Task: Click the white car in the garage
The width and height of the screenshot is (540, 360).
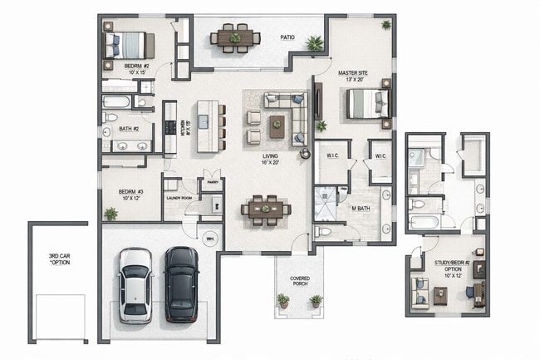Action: (x=135, y=284)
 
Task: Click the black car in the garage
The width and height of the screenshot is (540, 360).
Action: (x=180, y=284)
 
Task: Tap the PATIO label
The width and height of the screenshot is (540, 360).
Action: (x=288, y=37)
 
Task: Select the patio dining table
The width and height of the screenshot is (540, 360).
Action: (x=235, y=37)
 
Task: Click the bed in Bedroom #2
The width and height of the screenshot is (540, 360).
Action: (x=128, y=44)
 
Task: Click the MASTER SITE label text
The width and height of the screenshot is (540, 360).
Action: (x=353, y=73)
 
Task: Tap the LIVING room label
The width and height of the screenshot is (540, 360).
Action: (x=270, y=156)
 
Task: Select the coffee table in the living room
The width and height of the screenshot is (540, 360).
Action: (x=277, y=126)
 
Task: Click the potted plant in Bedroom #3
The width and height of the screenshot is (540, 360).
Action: (x=110, y=214)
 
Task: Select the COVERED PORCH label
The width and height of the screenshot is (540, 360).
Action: (x=300, y=281)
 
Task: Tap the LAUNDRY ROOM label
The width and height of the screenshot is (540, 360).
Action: (x=179, y=199)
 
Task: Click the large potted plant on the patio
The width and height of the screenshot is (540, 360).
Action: (x=314, y=43)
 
